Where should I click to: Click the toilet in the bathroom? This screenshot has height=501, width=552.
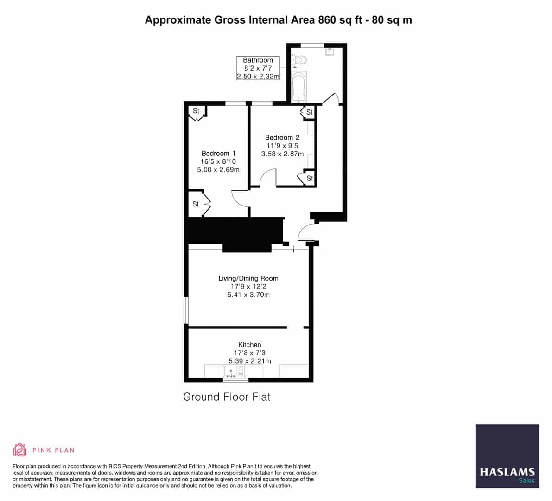click(x=299, y=60)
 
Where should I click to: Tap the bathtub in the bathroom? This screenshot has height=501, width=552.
click(x=299, y=87)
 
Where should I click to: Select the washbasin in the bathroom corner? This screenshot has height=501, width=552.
click(x=330, y=52)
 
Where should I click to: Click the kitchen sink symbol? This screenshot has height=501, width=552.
click(x=230, y=371)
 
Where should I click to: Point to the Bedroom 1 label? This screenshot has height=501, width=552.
click(x=218, y=153)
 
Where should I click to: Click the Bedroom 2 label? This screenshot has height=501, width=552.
click(x=282, y=137)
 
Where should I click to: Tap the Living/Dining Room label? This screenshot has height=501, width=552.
click(x=248, y=278)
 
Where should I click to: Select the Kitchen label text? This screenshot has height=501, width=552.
click(x=249, y=345)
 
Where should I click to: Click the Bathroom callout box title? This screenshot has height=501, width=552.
click(x=258, y=60)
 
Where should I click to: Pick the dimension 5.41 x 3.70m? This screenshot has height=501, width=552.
click(x=248, y=295)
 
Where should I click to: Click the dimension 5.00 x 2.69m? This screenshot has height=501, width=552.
click(x=218, y=170)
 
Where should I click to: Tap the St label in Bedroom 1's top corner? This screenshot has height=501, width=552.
click(x=196, y=111)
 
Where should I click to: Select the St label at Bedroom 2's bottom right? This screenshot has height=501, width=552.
click(x=310, y=178)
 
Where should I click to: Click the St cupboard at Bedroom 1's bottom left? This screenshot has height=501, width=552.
click(x=196, y=204)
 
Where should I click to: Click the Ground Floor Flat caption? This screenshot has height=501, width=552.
click(x=227, y=397)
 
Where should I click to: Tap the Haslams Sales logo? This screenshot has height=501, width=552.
click(x=507, y=456)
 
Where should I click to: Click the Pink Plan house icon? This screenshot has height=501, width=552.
click(x=19, y=450)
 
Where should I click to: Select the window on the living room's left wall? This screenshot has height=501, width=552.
click(x=186, y=310)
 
